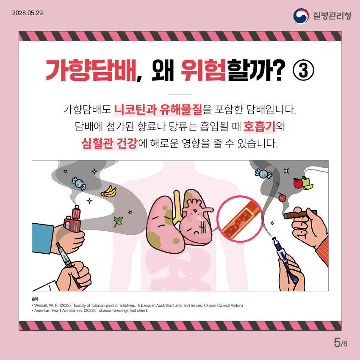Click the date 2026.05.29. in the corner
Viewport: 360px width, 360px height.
click(x=28, y=13)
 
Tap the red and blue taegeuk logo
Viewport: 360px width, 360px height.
click(x=301, y=16)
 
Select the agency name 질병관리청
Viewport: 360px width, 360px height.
click(x=332, y=16)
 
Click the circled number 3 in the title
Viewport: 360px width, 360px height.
click(x=303, y=70)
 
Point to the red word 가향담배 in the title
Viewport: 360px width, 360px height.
click(x=91, y=70)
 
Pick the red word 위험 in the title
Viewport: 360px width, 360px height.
click(x=203, y=70)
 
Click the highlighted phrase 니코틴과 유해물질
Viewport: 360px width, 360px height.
click(x=158, y=109)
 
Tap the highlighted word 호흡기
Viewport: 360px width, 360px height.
click(x=260, y=126)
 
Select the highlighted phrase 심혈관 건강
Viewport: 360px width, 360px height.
click(x=110, y=144)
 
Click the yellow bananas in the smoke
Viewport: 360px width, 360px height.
click(x=109, y=191)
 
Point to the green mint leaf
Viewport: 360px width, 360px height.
click(x=119, y=222)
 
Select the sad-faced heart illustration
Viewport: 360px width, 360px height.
click(x=196, y=221)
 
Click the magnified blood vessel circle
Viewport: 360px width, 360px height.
click(x=240, y=219)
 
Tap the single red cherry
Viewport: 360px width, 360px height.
click(x=282, y=197)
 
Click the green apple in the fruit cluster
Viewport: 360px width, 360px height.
click(x=306, y=181)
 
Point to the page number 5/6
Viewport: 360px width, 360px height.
click(x=341, y=343)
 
